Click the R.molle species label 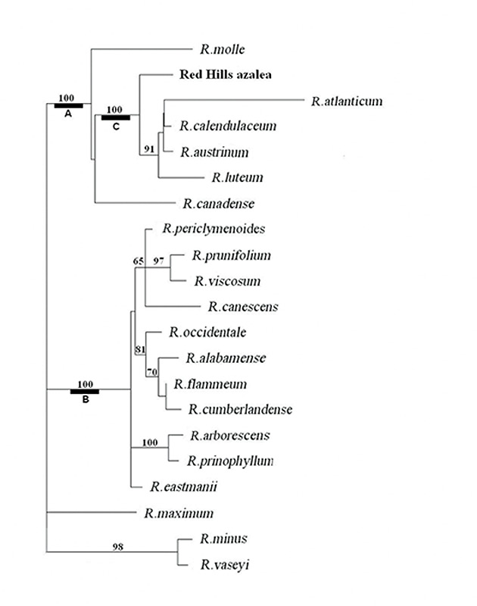click(223, 50)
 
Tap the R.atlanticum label click(346, 101)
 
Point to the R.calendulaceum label click(228, 126)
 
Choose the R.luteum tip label click(237, 178)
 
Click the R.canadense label click(218, 204)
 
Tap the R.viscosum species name click(227, 281)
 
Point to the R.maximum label click(179, 513)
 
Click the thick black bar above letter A click(68, 105)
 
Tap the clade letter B click(85, 400)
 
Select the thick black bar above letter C click(116, 117)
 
